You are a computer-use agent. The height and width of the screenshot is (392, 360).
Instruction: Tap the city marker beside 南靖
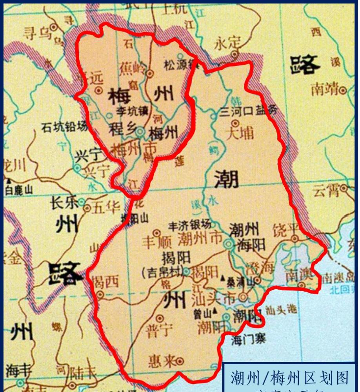pos(343,91)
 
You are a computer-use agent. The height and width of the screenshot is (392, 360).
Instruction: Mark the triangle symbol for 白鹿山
pos(8,181)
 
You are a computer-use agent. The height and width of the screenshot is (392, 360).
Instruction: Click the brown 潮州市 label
pos(200,238)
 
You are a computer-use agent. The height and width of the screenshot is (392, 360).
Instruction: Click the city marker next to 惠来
pos(180,361)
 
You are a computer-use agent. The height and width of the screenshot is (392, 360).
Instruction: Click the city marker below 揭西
pos(101,294)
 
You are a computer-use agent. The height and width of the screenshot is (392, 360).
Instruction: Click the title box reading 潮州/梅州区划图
pos(289,378)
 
